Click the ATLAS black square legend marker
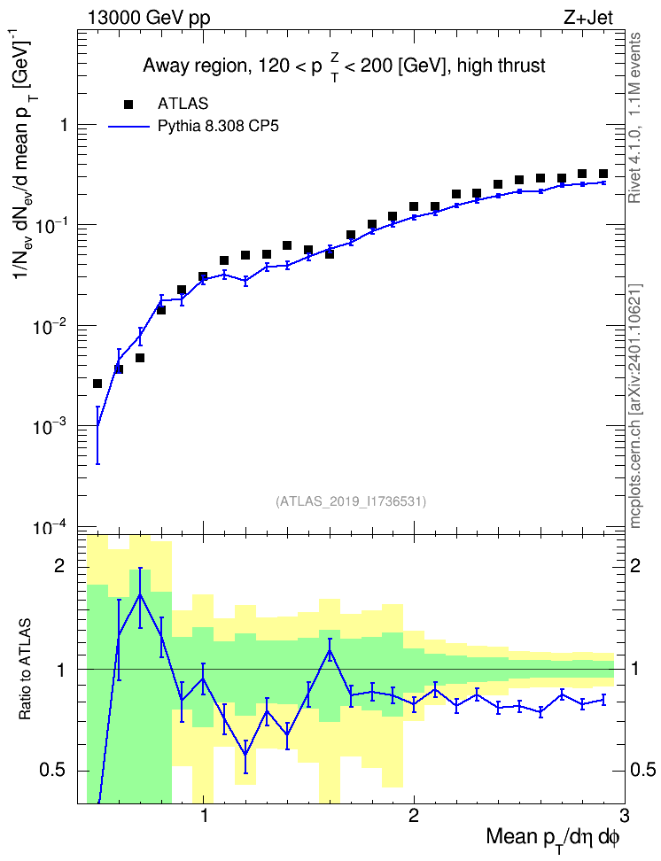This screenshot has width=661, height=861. click(x=128, y=104)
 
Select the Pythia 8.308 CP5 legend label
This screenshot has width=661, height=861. click(x=218, y=127)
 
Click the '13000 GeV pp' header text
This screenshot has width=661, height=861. click(x=149, y=18)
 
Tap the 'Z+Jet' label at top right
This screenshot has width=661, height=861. click(x=588, y=18)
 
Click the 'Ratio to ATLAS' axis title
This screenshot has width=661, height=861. click(x=25, y=670)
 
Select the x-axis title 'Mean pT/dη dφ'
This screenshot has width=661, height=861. click(x=553, y=838)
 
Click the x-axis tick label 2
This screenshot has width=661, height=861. click(x=414, y=816)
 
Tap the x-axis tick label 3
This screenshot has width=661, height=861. click(x=624, y=816)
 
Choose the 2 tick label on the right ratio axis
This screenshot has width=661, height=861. click(x=635, y=566)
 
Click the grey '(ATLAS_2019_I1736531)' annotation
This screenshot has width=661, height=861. click(x=351, y=501)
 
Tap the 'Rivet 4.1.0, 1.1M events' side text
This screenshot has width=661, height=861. click(x=634, y=118)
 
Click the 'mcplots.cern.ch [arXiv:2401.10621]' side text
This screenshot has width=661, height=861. click(x=635, y=406)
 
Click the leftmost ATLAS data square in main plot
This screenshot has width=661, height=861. click(x=97, y=384)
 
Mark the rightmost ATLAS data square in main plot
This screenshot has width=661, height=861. click(x=603, y=174)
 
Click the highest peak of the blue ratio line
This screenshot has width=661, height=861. click(x=140, y=594)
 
